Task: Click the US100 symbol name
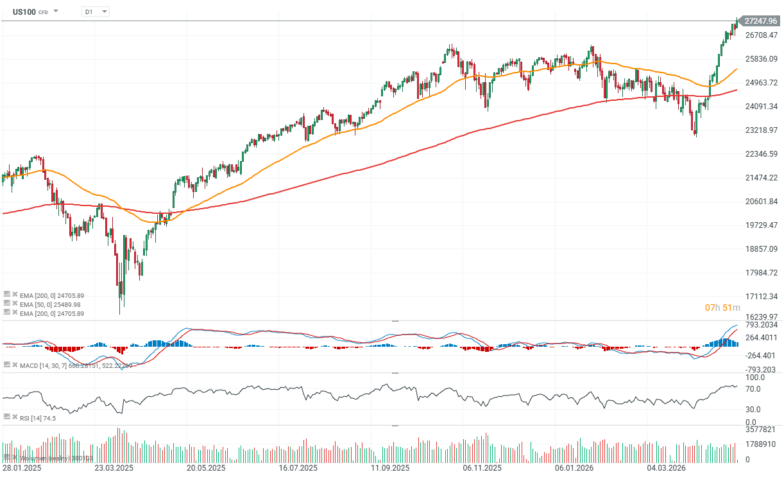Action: coord(24,12)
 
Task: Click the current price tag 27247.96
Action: coord(762,21)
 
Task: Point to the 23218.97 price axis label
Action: coord(761,130)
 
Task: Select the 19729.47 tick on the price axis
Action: coord(761,225)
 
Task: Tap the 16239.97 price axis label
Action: coord(761,317)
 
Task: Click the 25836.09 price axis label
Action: coord(761,59)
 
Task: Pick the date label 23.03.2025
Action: coord(114,468)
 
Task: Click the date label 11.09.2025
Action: coord(391,468)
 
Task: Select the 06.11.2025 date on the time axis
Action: coord(482,468)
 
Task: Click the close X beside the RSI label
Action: coord(15,418)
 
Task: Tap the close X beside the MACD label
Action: coord(15,365)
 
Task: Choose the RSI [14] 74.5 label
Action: coord(38,418)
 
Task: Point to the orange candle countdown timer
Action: coord(722,308)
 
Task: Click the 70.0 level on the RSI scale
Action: coord(753,389)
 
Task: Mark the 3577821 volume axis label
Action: coord(760,430)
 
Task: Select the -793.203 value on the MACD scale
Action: coord(760,370)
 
